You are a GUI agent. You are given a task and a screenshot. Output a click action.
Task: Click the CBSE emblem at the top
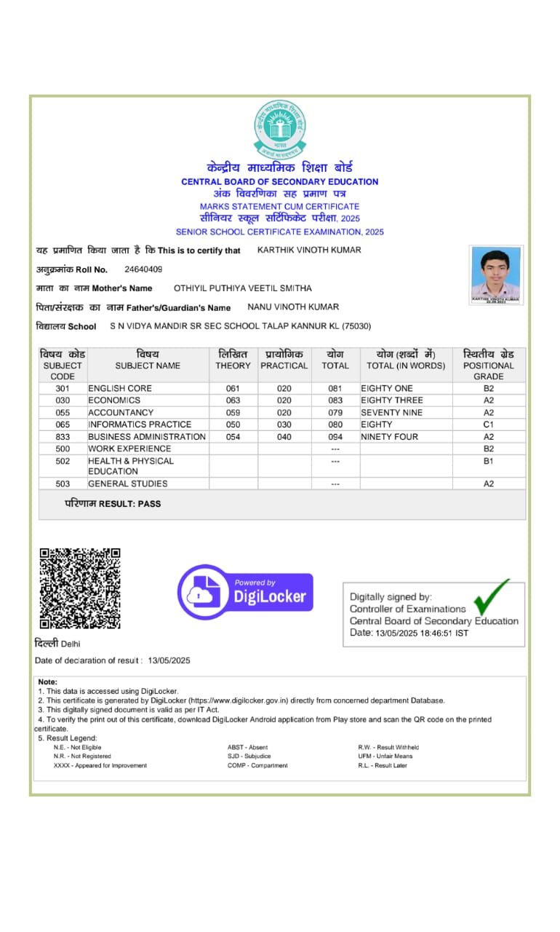(x=280, y=129)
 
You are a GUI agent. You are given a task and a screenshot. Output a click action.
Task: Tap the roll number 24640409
(x=143, y=269)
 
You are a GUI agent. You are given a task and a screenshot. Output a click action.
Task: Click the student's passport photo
(x=495, y=275)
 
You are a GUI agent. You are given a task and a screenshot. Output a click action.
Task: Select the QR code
(x=79, y=588)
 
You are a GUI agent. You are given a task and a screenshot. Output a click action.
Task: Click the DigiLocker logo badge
(x=246, y=592)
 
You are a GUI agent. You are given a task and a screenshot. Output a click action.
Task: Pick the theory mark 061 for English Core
(x=233, y=389)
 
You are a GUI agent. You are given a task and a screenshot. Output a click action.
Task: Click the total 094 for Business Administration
(x=335, y=437)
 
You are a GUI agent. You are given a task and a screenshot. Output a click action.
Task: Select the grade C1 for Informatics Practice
(x=488, y=424)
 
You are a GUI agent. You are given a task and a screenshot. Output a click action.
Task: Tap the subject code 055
(x=63, y=413)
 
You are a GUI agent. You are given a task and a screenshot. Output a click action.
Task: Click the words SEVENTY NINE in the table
(x=391, y=413)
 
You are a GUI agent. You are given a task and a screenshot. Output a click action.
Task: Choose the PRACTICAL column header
(x=284, y=366)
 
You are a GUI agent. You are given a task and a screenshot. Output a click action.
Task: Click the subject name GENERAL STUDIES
(x=128, y=483)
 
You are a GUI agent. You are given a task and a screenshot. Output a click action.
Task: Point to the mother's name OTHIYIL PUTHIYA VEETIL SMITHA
(x=242, y=288)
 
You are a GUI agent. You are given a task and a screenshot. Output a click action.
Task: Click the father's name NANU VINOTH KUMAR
(x=293, y=307)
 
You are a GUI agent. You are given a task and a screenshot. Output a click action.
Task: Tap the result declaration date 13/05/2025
(x=169, y=660)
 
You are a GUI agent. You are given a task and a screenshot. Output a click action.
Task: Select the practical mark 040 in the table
(x=284, y=437)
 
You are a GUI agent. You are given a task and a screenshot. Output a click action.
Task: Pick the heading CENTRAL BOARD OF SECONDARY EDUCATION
(x=280, y=181)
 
